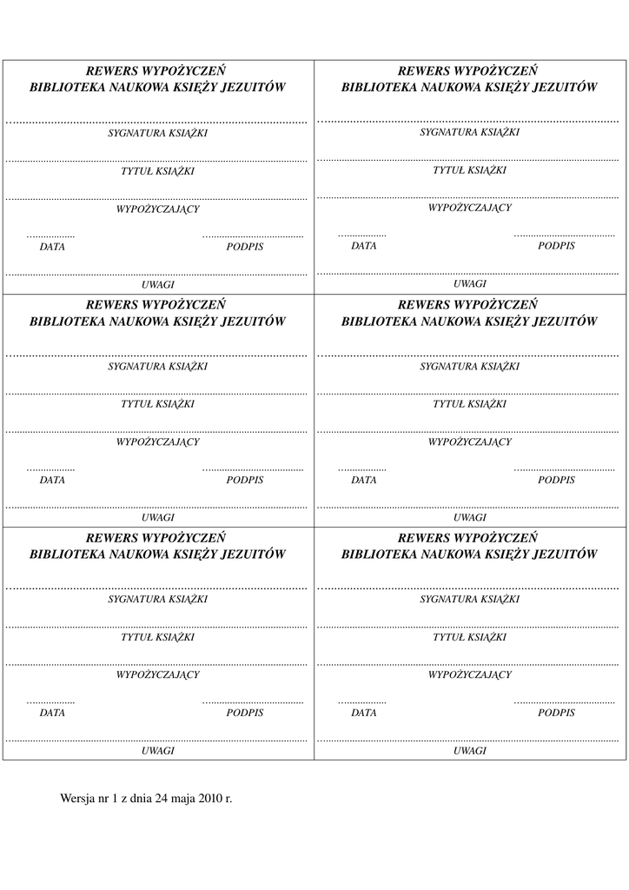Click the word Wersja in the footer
tap(76, 797)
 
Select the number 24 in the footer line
tap(161, 797)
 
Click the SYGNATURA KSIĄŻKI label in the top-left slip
tap(157, 134)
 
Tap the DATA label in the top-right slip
tap(364, 246)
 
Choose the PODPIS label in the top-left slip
tap(245, 247)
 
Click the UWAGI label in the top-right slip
tap(469, 283)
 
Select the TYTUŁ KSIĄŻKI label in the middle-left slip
tap(157, 404)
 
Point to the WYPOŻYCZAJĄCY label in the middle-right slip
tap(469, 442)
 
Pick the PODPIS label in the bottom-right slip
tap(556, 713)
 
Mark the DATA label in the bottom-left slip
tap(52, 714)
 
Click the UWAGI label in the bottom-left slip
tap(158, 750)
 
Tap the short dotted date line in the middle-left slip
tap(50, 470)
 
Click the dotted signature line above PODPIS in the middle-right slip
tap(564, 469)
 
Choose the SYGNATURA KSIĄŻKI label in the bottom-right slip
tap(469, 600)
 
